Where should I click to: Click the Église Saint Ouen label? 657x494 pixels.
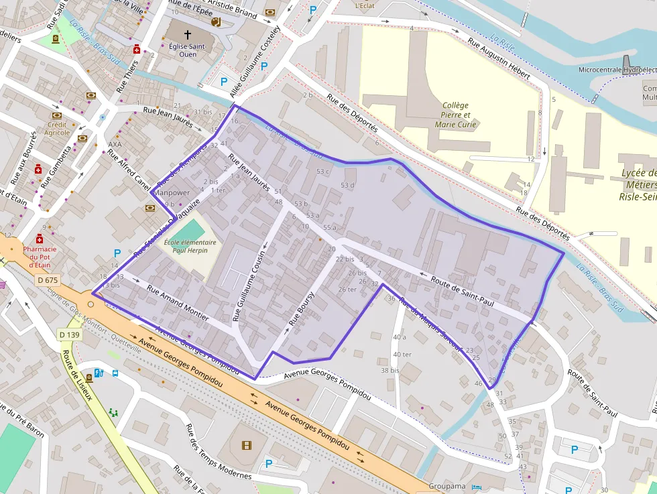(x=188, y=50)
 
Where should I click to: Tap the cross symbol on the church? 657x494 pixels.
(x=188, y=35)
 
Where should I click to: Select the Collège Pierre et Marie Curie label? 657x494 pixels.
(x=456, y=115)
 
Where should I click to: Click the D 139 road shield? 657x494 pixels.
(x=69, y=334)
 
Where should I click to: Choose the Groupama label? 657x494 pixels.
(x=448, y=487)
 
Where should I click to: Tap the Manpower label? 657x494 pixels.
(x=171, y=193)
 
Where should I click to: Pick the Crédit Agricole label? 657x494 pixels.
(x=57, y=129)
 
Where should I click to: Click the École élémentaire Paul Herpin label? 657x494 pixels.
(x=190, y=246)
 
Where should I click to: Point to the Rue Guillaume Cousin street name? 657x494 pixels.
(x=249, y=286)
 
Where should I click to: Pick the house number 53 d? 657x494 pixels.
(x=347, y=185)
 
